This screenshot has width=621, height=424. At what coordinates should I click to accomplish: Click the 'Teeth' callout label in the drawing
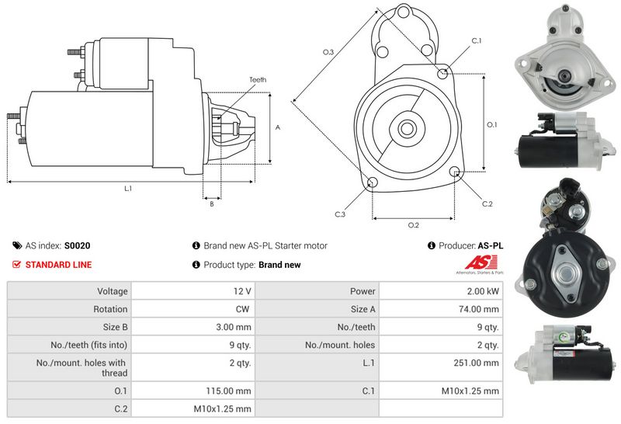tap(258, 80)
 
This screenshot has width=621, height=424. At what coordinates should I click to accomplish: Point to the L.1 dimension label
tap(128, 189)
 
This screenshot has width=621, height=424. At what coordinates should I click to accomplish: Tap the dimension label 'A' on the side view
tap(277, 127)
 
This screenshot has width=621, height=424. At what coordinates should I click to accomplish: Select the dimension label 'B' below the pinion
tap(211, 204)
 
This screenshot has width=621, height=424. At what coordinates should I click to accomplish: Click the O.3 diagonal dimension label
tap(328, 52)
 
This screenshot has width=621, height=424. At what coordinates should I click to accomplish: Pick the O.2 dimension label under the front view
tap(413, 225)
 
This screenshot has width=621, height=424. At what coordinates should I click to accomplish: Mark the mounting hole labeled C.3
tap(372, 182)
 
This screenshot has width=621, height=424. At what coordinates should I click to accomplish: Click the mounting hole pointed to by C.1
tap(442, 74)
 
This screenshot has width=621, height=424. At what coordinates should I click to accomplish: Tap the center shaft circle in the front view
tap(406, 127)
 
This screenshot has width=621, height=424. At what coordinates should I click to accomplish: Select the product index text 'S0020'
tap(77, 245)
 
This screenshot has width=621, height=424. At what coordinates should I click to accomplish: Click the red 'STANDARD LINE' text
tap(58, 265)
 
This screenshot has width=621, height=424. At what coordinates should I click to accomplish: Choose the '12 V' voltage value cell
tap(241, 291)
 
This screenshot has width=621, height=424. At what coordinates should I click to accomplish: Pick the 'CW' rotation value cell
tap(243, 309)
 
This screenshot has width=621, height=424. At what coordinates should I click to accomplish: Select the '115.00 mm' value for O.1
tap(232, 390)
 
